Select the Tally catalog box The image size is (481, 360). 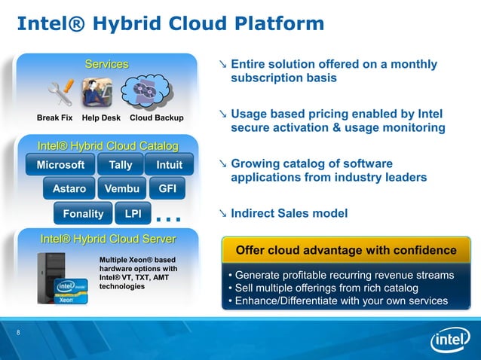[121, 165]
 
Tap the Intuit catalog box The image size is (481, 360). [169, 165]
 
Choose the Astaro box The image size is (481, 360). [69, 189]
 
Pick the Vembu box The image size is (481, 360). [121, 189]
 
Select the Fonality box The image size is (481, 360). [83, 214]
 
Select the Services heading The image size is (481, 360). [106, 65]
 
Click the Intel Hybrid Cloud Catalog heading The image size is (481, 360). [108, 145]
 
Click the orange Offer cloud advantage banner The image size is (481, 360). [346, 249]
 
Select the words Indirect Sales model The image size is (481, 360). [289, 214]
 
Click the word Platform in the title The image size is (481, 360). [277, 25]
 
